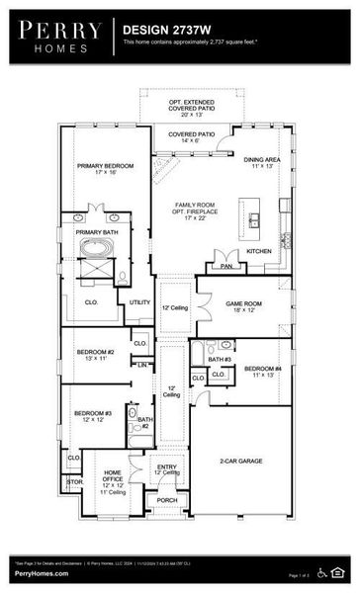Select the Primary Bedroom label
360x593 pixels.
pyautogui.click(x=105, y=168)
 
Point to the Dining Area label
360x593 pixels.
pyautogui.click(x=262, y=162)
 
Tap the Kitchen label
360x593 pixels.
pyautogui.click(x=258, y=252)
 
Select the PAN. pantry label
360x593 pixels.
pyautogui.click(x=226, y=266)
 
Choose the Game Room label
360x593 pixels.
pyautogui.click(x=244, y=307)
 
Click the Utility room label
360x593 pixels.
pyautogui.click(x=139, y=302)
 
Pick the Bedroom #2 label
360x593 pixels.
pyautogui.click(x=97, y=355)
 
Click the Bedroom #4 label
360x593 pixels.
pyautogui.click(x=263, y=372)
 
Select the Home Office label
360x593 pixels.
pyautogui.click(x=114, y=478)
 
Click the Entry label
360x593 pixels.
pyautogui.click(x=167, y=469)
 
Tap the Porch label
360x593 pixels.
pyautogui.click(x=167, y=499)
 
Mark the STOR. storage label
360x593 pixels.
pyautogui.click(x=75, y=482)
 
